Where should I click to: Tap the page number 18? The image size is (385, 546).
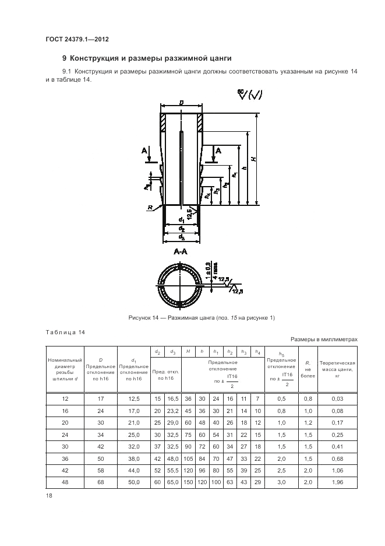pyautogui.click(x=49, y=495)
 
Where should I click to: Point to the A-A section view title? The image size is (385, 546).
pyautogui.click(x=181, y=252)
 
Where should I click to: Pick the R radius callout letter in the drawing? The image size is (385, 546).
pyautogui.click(x=151, y=208)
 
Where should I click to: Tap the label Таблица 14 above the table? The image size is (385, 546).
pyautogui.click(x=65, y=332)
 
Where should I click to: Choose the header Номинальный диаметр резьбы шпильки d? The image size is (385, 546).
pyautogui.click(x=65, y=369)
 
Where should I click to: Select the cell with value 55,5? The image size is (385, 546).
pyautogui.click(x=173, y=470)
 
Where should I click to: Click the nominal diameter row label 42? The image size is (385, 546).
pyautogui.click(x=65, y=470)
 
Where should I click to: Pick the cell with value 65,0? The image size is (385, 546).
pyautogui.click(x=173, y=482)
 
